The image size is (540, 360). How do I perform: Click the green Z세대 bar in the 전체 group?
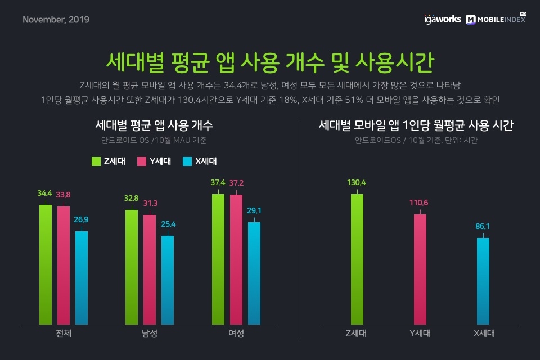(46, 264)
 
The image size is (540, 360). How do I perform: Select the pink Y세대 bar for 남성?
(149, 269)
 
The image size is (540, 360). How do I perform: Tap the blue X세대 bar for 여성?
(254, 273)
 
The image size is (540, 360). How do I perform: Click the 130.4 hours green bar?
(357, 259)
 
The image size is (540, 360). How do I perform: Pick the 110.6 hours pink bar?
(420, 269)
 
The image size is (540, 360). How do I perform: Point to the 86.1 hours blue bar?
(484, 281)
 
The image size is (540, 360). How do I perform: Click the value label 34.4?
(45, 193)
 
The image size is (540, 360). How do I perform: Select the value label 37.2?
(236, 183)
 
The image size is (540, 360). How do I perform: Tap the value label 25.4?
(168, 224)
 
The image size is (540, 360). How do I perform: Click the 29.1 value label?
(254, 210)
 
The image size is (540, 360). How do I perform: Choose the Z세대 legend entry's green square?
(96, 161)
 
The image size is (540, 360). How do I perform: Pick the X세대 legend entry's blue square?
(187, 161)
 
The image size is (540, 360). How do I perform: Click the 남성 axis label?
(150, 333)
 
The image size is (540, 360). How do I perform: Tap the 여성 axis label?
(236, 333)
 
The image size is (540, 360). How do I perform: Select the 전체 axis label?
(64, 333)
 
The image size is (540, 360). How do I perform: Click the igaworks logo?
(442, 19)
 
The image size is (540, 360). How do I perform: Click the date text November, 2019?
(56, 20)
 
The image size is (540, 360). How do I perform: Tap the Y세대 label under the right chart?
(420, 333)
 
